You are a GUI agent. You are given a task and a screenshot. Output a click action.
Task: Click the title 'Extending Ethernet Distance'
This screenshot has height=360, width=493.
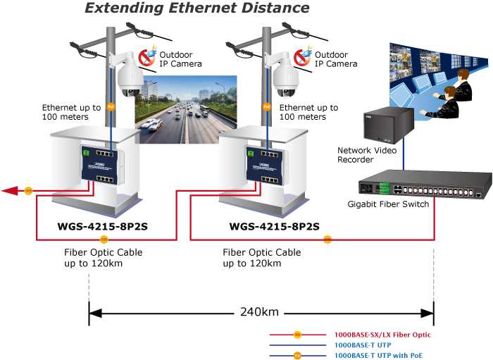point(197,8)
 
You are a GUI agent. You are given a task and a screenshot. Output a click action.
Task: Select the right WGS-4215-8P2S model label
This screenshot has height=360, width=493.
point(274,227)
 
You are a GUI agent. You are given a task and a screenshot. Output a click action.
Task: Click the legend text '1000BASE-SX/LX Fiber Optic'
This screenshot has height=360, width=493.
point(382,335)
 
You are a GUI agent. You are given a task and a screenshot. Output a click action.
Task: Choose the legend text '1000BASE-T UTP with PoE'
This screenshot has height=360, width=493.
point(377,356)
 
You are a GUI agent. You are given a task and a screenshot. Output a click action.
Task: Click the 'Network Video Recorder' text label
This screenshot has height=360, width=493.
point(367,155)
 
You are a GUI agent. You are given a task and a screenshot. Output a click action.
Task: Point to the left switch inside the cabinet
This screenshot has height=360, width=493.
point(97,166)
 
